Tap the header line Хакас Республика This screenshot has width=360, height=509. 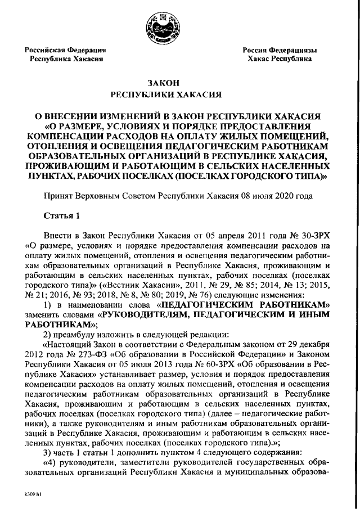click(280, 58)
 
